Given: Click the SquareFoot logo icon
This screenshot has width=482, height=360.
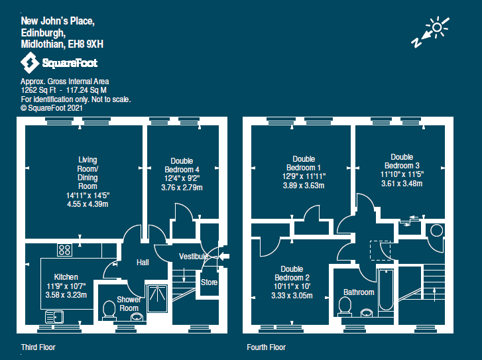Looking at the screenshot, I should tap(29, 63).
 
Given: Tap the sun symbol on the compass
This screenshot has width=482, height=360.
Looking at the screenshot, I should tap(437, 28).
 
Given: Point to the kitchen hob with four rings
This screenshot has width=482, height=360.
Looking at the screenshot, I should tap(65, 250).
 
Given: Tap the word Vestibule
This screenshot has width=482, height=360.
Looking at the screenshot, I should tap(194, 257).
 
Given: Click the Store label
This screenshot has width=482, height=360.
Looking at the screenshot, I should tap(209, 282).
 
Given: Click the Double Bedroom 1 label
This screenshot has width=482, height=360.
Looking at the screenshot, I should tap(304, 163).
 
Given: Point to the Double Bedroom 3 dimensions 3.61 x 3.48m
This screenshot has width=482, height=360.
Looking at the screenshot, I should tap(402, 184).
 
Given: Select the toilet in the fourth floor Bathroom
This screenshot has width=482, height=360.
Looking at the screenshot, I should tap(344, 306).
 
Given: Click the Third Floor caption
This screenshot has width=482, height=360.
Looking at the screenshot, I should tap(38, 347).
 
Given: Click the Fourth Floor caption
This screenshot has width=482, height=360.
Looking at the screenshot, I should tap(266, 347).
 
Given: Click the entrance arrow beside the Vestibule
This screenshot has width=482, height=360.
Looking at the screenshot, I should tap(223, 257).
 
